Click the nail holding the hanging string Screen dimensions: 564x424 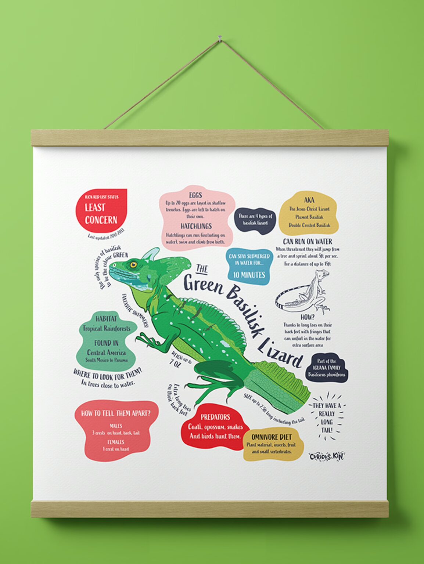[220, 37]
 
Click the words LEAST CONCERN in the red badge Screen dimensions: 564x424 [101, 214]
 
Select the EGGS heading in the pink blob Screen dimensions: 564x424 [195, 195]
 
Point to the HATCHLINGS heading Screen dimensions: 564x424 [196, 226]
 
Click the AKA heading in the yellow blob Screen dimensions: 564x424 [309, 200]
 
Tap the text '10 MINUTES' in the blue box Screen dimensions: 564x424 [249, 275]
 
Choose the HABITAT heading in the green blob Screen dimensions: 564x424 [106, 319]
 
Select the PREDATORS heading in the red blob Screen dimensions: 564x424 [215, 417]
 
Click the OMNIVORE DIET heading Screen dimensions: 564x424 [272, 437]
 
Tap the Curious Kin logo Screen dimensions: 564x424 [327, 456]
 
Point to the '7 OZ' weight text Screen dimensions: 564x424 [175, 363]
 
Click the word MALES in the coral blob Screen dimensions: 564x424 [116, 426]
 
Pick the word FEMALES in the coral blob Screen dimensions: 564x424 [116, 442]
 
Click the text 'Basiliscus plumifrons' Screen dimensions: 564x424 [327, 375]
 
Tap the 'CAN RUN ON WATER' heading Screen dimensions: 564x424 [307, 242]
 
